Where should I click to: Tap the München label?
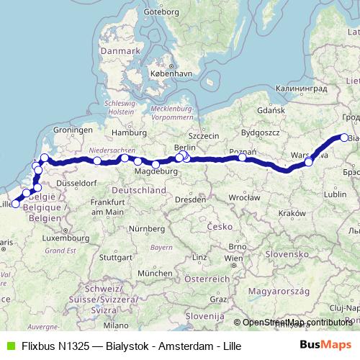(x=154, y=274)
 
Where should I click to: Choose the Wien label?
(x=233, y=257)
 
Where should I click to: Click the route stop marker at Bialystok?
(x=344, y=138)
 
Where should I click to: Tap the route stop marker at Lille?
(x=16, y=204)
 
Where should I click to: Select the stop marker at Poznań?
(x=243, y=158)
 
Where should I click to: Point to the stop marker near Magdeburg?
(x=156, y=164)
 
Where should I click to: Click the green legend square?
(x=9, y=345)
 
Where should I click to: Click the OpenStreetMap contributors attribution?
(x=296, y=323)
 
